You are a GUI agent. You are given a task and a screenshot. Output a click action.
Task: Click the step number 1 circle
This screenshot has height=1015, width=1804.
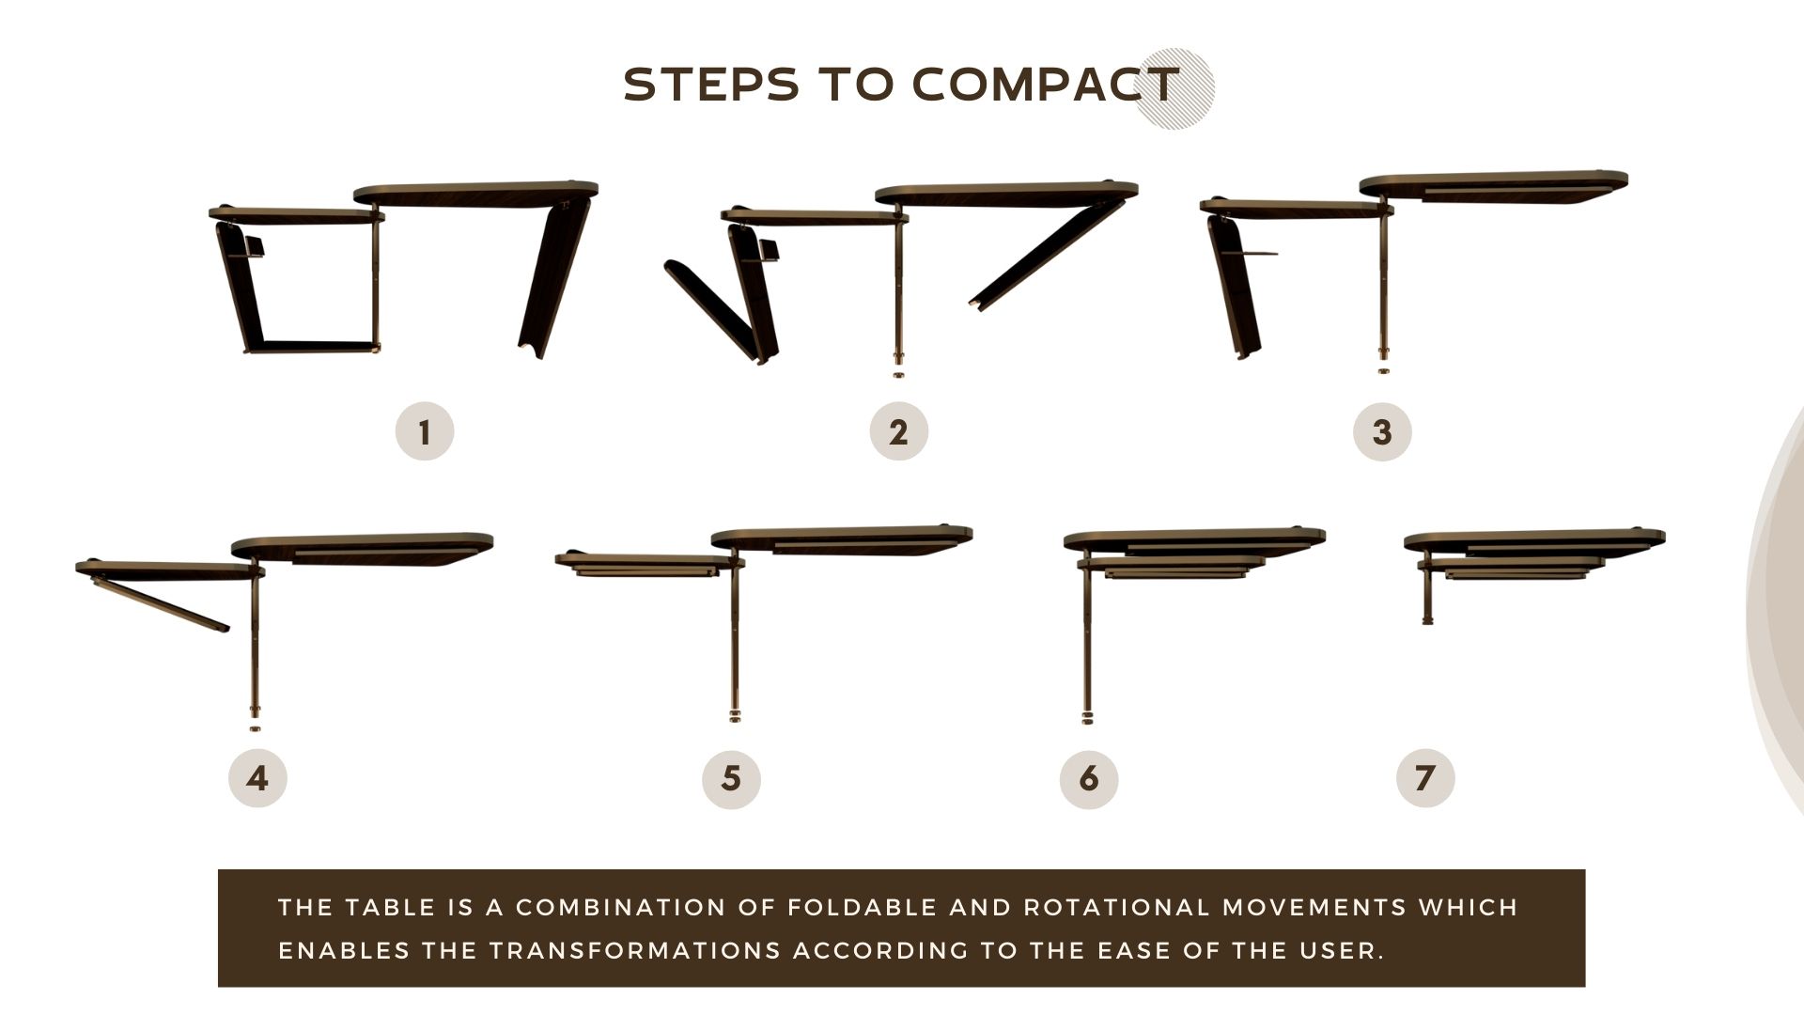click(x=425, y=431)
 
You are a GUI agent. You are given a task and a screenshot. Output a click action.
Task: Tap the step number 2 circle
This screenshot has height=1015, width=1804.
click(x=899, y=431)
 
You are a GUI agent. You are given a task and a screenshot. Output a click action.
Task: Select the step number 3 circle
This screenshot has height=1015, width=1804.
click(x=1382, y=431)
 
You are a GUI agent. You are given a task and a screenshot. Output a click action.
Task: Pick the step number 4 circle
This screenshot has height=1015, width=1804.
click(x=257, y=778)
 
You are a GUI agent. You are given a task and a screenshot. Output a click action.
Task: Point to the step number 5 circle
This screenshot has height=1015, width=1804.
click(x=731, y=778)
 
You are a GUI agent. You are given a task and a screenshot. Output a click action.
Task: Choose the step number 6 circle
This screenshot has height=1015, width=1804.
click(x=1089, y=778)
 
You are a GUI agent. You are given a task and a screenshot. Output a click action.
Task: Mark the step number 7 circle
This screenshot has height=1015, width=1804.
click(x=1425, y=778)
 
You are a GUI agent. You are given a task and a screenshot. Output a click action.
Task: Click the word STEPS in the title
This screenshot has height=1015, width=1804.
click(x=711, y=85)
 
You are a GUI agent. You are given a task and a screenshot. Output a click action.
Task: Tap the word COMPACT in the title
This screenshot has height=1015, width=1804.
click(x=1046, y=85)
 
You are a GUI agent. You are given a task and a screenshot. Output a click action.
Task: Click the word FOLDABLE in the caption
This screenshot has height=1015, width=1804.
click(x=861, y=908)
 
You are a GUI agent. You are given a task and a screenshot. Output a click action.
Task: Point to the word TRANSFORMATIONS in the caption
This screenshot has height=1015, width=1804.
click(x=635, y=951)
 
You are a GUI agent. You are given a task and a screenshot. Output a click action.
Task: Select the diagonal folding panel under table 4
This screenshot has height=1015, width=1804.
click(x=160, y=604)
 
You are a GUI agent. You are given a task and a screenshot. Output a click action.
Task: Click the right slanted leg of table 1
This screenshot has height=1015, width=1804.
click(x=554, y=278)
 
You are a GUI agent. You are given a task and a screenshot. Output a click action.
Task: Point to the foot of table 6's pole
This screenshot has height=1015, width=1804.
click(x=1088, y=718)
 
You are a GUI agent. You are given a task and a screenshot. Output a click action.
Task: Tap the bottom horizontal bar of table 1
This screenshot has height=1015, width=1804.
click(x=313, y=347)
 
